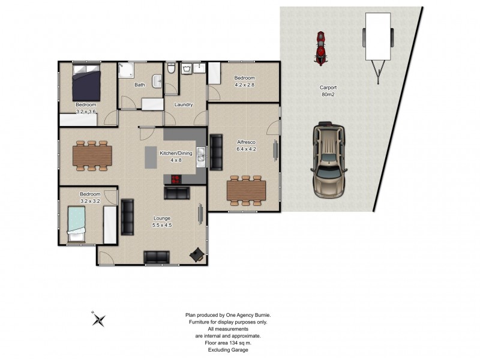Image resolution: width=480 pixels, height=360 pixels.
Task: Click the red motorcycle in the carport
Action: point(321,48)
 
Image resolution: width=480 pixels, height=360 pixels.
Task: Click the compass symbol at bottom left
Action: point(100,319)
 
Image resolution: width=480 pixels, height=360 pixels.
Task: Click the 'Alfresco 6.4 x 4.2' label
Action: point(246,146)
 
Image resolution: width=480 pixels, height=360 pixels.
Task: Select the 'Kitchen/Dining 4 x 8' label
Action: point(175,157)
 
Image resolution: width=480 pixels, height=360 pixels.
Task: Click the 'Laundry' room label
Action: point(183,104)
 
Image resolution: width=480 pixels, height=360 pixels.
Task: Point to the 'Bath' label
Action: point(139,85)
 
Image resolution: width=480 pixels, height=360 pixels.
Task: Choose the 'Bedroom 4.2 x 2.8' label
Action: point(244,81)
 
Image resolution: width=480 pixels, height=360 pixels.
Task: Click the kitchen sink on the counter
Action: point(202,158)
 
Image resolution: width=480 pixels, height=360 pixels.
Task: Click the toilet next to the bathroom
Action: point(170,70)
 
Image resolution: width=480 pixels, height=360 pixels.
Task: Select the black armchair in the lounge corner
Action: point(196,255)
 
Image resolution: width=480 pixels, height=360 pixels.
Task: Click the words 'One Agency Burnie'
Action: point(250,315)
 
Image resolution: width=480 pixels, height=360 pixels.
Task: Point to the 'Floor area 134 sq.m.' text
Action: point(227,343)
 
